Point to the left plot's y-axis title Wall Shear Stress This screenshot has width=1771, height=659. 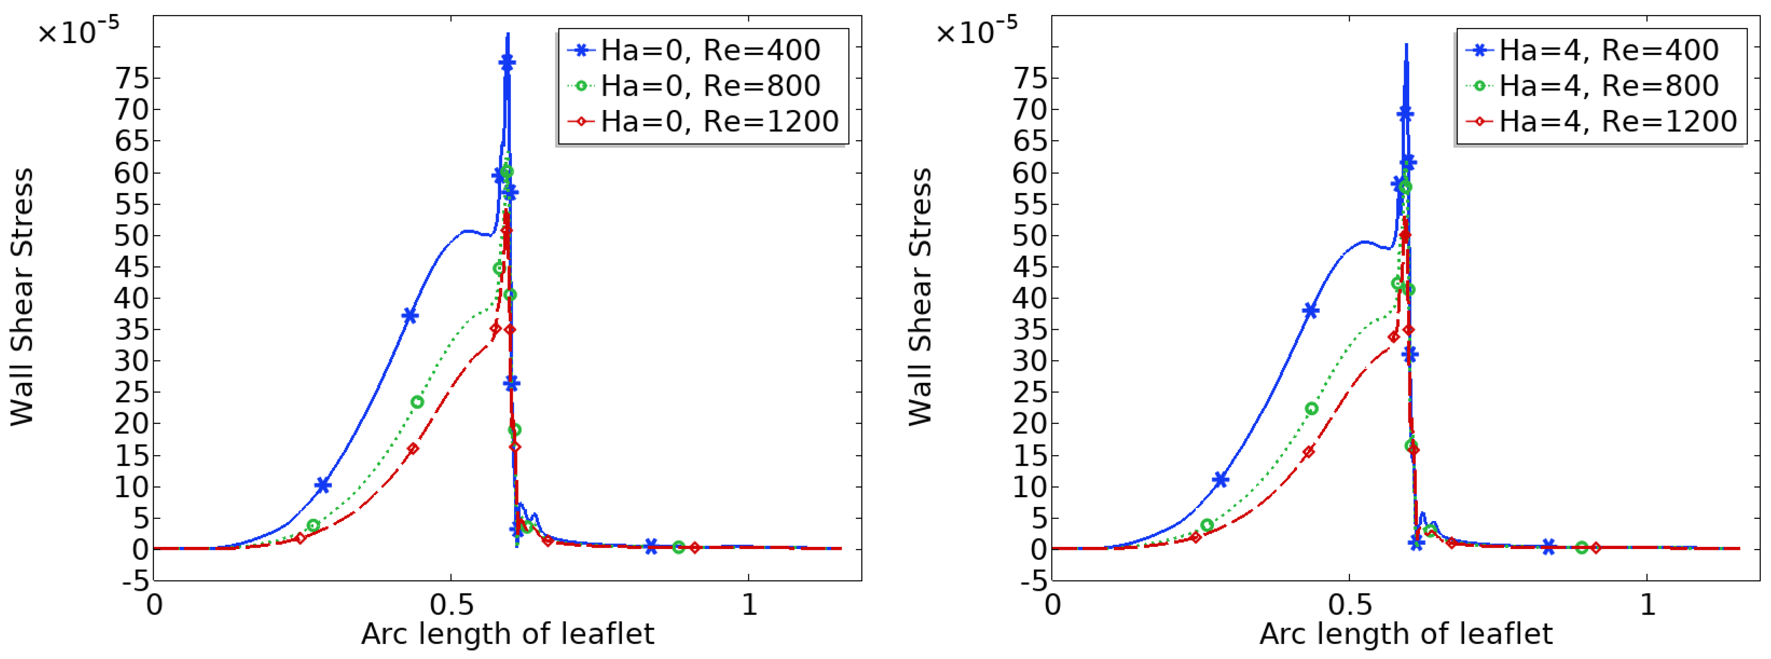point(22,297)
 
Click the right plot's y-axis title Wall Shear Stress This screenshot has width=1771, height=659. point(920,297)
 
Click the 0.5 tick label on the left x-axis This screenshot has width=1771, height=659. point(451,605)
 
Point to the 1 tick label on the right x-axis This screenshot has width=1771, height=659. point(1647,605)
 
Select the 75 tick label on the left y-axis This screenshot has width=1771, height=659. point(132,78)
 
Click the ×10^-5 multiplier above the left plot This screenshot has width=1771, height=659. point(78,31)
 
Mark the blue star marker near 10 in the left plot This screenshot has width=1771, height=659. point(323,486)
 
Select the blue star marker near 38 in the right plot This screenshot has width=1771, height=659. point(1310,311)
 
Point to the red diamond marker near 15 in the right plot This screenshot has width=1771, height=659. point(1308,452)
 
